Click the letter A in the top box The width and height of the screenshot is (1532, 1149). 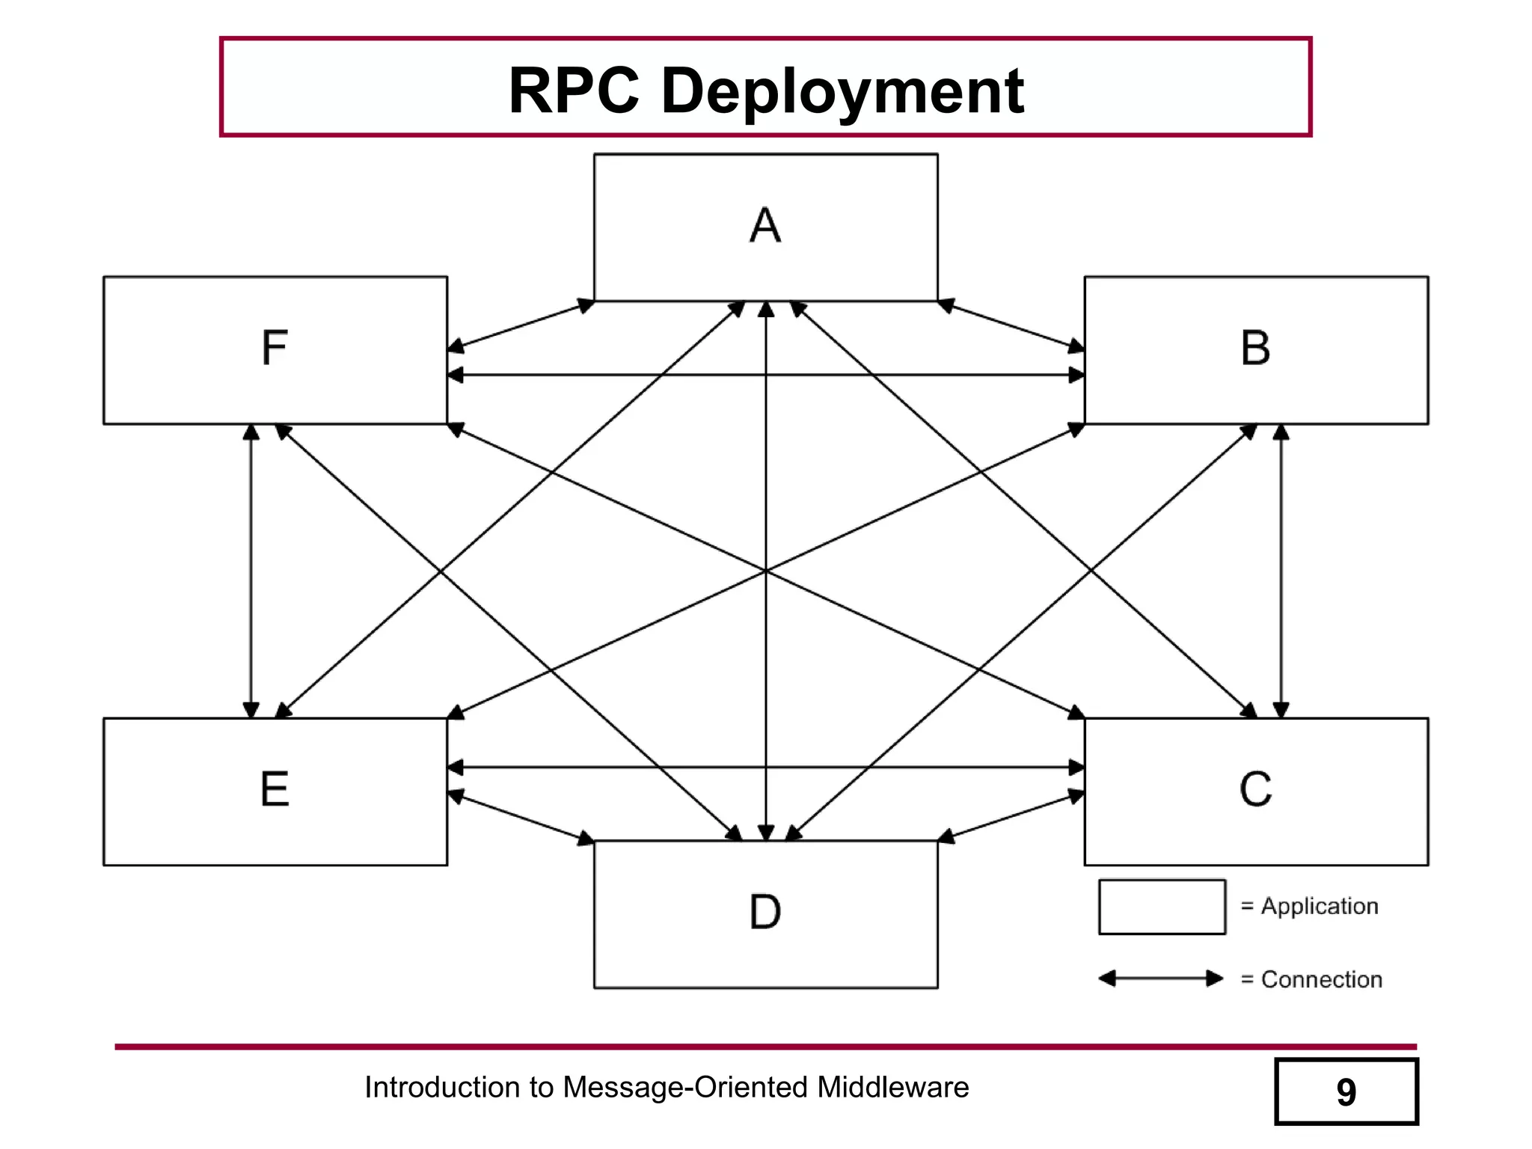pyautogui.click(x=765, y=225)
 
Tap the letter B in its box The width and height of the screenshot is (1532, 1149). pyautogui.click(x=1255, y=348)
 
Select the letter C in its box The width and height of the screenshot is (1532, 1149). pyautogui.click(x=1255, y=789)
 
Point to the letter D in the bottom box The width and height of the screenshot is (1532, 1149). pyautogui.click(x=765, y=912)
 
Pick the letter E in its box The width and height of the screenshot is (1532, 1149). pyautogui.click(x=275, y=789)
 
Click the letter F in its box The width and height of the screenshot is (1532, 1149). pyautogui.click(x=275, y=348)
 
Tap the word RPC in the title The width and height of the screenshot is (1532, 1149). pyautogui.click(x=574, y=91)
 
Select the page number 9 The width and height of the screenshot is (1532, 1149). pyautogui.click(x=1346, y=1092)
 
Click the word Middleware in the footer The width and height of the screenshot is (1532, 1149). pyautogui.click(x=892, y=1087)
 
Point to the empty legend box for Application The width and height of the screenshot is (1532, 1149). pyautogui.click(x=1162, y=907)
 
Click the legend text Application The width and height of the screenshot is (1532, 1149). pyautogui.click(x=1320, y=906)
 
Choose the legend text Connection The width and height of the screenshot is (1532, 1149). pyautogui.click(x=1321, y=979)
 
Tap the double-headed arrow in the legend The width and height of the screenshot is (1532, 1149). pyautogui.click(x=1161, y=978)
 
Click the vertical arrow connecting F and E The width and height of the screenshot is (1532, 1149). pyautogui.click(x=251, y=571)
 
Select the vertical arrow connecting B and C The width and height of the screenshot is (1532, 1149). pyautogui.click(x=1281, y=571)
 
